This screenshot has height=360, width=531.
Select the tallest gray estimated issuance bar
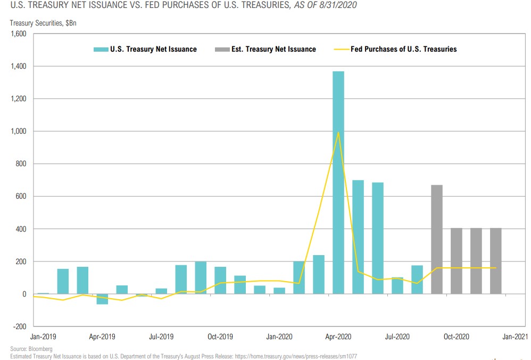coord(436,239)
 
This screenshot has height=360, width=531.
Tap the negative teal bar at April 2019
coord(102,299)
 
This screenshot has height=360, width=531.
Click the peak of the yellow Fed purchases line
coord(338,133)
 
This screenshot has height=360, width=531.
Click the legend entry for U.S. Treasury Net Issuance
coord(145,49)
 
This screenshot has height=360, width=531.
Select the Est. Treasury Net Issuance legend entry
coord(265,49)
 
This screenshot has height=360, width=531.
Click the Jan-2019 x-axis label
coord(43,337)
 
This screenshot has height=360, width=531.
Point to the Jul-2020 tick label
coord(397,337)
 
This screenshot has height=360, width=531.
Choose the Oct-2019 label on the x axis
coord(220,337)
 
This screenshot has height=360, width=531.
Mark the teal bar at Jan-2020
coord(279,291)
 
